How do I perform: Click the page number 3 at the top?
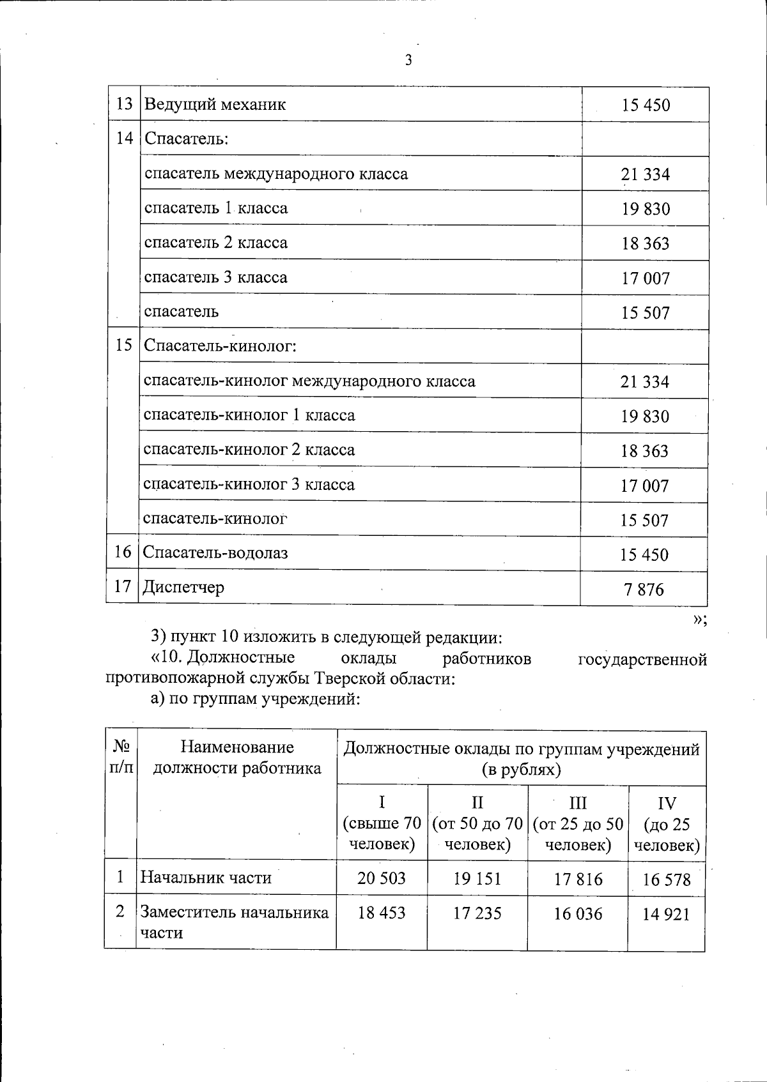(x=408, y=61)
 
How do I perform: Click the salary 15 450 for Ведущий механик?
(x=646, y=105)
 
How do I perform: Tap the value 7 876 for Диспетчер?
(x=644, y=589)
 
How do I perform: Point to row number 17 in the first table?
(x=122, y=587)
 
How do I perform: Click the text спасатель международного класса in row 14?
(x=275, y=174)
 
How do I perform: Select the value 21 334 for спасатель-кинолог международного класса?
(x=644, y=382)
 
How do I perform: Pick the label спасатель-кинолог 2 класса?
(x=249, y=450)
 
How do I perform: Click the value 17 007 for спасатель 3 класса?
(x=646, y=278)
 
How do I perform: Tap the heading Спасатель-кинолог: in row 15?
(x=221, y=346)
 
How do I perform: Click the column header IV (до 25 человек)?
(x=667, y=824)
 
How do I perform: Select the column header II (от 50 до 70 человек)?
(x=477, y=824)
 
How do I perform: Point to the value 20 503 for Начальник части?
(x=382, y=878)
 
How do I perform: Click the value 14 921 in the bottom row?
(x=666, y=915)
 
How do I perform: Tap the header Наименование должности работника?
(x=237, y=758)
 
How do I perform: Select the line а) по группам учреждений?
(x=256, y=699)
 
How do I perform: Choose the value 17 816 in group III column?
(x=578, y=880)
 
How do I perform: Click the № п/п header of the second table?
(x=121, y=757)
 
